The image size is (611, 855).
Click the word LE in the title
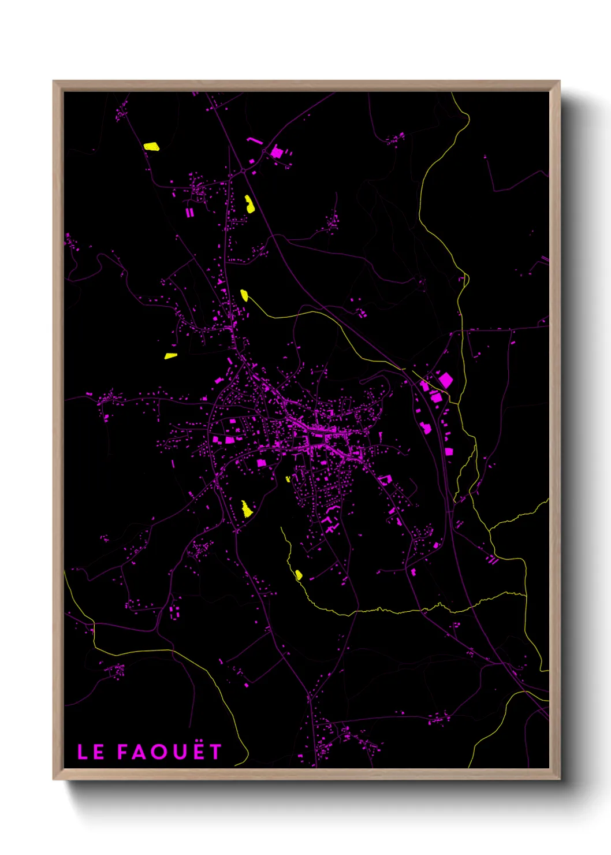tap(91, 752)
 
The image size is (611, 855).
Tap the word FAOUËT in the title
tap(169, 752)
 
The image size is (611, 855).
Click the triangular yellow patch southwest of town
tap(247, 509)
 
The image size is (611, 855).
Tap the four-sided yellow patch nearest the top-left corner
tap(151, 147)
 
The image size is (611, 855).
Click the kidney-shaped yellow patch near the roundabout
tap(249, 204)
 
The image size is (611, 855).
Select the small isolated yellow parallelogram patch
tap(170, 356)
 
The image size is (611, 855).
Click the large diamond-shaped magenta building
tap(445, 380)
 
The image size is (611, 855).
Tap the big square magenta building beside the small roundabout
tap(277, 153)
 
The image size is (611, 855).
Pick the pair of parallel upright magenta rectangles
tap(189, 213)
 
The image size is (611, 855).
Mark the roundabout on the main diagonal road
tap(243, 171)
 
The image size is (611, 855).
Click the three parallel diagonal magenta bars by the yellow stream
tap(493, 559)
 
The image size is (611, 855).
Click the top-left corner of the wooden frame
tap(54, 81)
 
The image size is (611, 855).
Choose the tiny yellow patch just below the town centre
tap(288, 479)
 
